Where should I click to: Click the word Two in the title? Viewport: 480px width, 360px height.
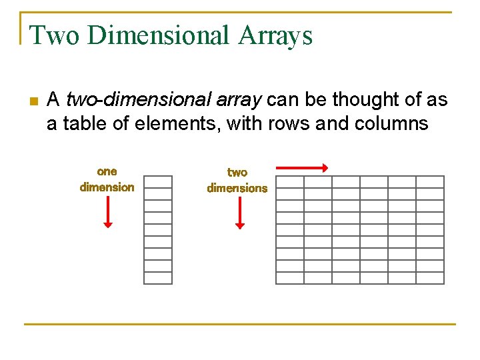pos(53,35)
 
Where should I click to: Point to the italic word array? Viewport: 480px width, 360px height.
pos(237,101)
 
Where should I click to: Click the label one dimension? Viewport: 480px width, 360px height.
pos(107,180)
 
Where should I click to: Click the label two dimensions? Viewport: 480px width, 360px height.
pos(237,181)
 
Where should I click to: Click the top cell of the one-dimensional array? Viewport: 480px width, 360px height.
pos(158,182)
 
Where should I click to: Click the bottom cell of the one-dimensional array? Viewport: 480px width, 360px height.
pos(158,278)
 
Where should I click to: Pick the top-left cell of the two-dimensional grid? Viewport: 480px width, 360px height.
pos(290,182)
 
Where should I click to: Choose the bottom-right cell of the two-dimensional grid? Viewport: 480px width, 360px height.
pos(430,278)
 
